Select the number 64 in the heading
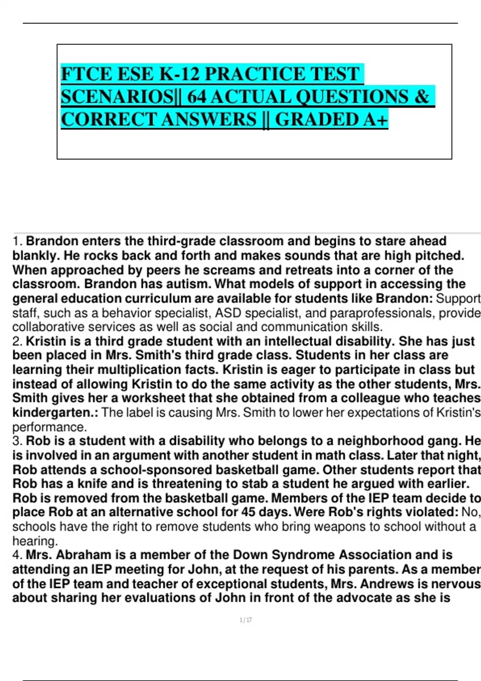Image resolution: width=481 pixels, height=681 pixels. (196, 97)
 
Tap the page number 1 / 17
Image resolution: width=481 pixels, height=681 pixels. (245, 621)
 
